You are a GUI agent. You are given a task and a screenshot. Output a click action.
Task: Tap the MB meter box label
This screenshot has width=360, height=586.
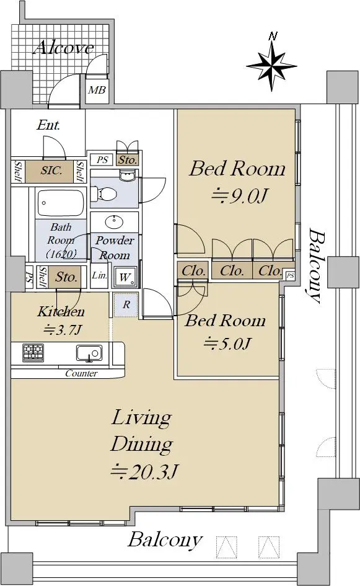click(x=97, y=90)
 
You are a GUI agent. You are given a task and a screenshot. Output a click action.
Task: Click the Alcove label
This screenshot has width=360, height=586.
click(x=63, y=48)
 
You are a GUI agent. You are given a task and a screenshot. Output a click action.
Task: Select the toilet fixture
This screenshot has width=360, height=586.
click(x=105, y=194)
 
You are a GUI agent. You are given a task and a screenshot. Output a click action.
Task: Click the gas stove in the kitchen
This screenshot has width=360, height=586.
click(x=33, y=352)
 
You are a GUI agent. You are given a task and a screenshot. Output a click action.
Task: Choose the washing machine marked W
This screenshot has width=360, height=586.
click(x=125, y=277)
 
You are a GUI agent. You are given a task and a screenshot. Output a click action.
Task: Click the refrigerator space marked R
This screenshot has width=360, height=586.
click(x=126, y=305)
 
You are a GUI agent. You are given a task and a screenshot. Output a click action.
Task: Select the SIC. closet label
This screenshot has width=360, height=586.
click(x=51, y=171)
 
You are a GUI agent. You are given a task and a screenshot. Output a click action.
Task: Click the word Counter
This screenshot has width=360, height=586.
click(x=81, y=373)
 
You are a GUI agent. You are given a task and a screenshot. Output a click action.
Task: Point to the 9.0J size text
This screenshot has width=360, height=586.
click(x=240, y=196)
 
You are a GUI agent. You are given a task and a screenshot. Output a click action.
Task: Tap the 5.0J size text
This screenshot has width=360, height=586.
click(x=227, y=343)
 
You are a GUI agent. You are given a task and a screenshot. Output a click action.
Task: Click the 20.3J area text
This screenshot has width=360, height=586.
click(x=144, y=473)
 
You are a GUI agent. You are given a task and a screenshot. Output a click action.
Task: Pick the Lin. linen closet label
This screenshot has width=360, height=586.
click(x=100, y=275)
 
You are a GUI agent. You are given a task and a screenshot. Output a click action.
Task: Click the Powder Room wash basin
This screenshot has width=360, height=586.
click(x=114, y=222)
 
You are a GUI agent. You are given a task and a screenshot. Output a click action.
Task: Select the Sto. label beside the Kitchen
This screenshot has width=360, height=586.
click(x=66, y=277)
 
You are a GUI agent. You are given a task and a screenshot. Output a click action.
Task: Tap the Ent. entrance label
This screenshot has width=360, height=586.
click(x=48, y=125)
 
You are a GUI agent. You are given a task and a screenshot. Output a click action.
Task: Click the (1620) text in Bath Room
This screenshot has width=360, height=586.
click(x=61, y=254)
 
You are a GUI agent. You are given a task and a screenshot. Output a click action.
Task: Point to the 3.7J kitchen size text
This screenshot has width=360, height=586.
click(x=63, y=330)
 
